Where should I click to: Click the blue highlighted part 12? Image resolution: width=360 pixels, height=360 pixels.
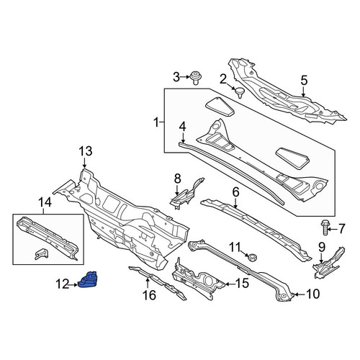point(88,279)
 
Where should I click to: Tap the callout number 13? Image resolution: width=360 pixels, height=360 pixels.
point(86,151)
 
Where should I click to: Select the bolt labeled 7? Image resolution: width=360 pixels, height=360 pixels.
point(324,228)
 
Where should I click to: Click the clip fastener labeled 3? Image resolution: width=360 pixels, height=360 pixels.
point(196,78)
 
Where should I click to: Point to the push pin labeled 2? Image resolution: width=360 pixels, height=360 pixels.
point(239,92)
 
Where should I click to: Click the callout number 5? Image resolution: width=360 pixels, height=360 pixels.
point(304,81)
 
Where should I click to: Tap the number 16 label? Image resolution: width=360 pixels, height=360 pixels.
point(149,295)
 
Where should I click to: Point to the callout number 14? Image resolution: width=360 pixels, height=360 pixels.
point(45,202)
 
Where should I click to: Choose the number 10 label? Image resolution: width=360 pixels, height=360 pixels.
point(313,294)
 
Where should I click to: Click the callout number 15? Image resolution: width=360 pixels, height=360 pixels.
point(242,284)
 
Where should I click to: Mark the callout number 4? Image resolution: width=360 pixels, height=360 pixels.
point(183,127)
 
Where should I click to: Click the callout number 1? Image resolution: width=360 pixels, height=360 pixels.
point(156,123)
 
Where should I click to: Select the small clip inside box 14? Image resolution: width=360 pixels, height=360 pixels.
point(41,253)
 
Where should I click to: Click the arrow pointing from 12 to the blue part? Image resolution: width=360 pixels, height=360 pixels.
point(73,285)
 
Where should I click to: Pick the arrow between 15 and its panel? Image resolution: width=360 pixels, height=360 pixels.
point(230,284)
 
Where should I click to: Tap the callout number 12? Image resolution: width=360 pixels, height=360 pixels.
point(62,285)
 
